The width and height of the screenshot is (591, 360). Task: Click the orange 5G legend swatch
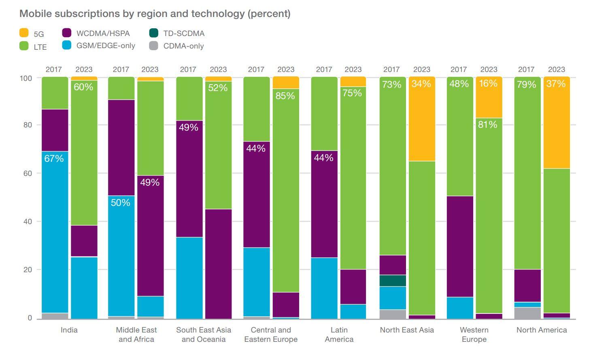[24, 33]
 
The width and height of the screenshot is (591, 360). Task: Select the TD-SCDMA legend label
[184, 34]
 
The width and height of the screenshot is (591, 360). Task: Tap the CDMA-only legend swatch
[154, 46]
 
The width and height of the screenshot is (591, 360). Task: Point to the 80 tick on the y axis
[27, 125]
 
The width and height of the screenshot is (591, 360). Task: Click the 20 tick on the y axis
[27, 270]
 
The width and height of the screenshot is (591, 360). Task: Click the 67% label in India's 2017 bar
[54, 159]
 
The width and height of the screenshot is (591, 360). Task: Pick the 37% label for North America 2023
[556, 84]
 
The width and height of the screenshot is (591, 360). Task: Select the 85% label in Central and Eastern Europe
[285, 96]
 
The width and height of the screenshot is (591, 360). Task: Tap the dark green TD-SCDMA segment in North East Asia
[393, 281]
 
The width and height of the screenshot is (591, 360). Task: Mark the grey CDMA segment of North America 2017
[527, 313]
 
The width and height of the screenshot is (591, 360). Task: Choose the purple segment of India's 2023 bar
[84, 241]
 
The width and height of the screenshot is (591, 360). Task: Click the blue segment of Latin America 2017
[324, 288]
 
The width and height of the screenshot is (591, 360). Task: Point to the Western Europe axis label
[474, 335]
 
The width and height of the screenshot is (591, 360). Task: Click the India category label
[69, 330]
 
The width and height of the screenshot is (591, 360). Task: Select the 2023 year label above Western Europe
[489, 70]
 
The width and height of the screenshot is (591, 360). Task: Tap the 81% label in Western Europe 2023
[487, 125]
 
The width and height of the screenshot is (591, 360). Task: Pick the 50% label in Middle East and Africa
[121, 203]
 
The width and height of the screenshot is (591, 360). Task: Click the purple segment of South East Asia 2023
[218, 264]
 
